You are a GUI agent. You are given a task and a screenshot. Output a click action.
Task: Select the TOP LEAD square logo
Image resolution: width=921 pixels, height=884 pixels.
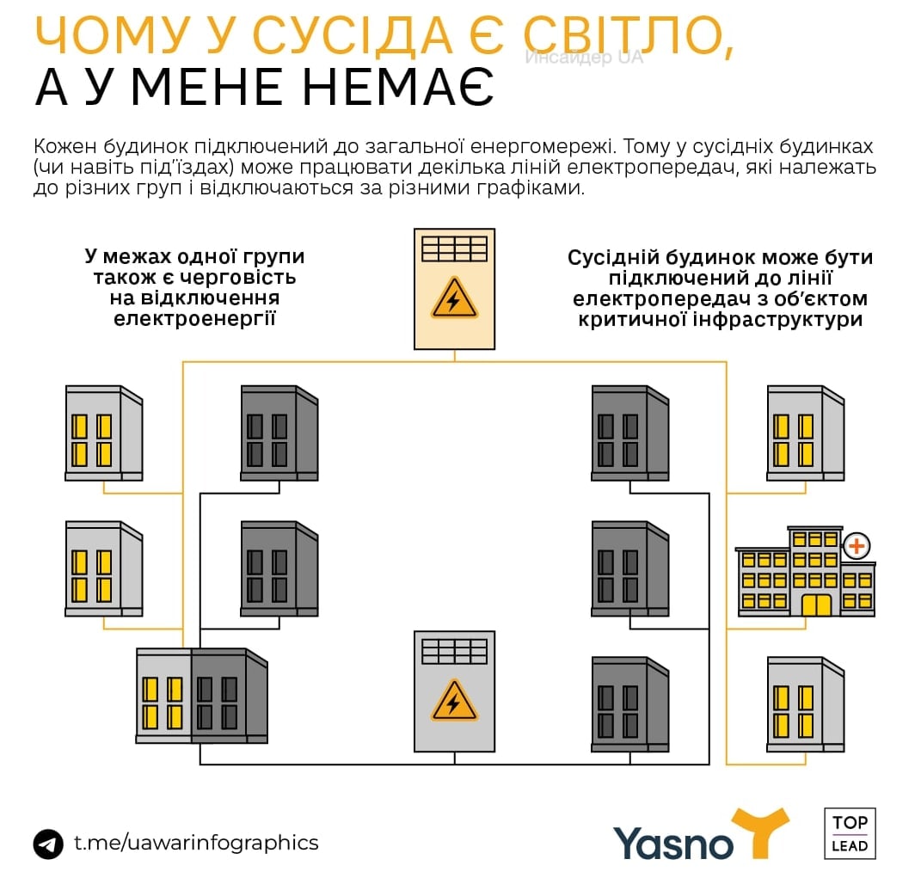(x=850, y=833)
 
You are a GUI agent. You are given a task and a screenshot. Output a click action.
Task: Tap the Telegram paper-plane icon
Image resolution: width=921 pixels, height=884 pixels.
(x=49, y=844)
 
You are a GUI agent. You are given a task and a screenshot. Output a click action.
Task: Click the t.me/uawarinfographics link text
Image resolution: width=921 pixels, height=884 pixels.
(x=196, y=843)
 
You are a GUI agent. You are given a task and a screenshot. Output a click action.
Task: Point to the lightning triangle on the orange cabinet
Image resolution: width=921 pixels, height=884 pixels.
(x=454, y=300)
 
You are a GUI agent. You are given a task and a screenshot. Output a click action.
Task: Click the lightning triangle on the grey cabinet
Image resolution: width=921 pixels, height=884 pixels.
(x=454, y=700)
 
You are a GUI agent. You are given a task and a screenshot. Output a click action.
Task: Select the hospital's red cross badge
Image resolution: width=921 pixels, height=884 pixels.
(x=857, y=545)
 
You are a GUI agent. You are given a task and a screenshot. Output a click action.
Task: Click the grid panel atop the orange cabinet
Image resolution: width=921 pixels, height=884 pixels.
(x=454, y=249)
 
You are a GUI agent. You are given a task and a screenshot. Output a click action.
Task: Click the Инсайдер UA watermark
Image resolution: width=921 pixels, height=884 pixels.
(x=584, y=58)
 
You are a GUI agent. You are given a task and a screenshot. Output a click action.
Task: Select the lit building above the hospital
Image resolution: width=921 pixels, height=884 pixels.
(x=805, y=433)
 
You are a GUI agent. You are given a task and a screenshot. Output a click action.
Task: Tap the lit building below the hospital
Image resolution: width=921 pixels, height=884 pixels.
(x=805, y=704)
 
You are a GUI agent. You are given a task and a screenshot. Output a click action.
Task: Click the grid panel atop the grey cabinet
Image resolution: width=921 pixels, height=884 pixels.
(x=454, y=649)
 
